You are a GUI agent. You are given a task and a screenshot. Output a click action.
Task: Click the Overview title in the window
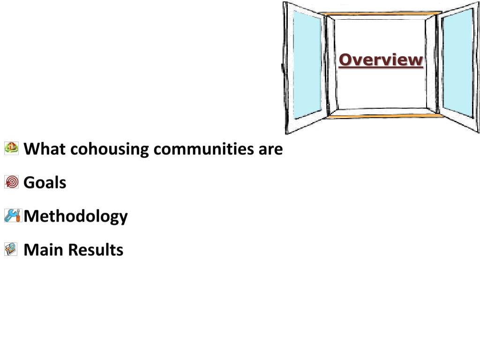(381, 60)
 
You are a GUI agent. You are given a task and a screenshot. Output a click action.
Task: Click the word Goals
(45, 182)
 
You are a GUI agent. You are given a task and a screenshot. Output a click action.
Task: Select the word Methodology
(76, 217)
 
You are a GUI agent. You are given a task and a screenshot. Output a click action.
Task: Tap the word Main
(44, 250)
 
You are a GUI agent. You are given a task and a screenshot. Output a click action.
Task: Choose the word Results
(96, 250)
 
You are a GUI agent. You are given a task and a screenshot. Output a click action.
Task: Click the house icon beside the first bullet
(11, 148)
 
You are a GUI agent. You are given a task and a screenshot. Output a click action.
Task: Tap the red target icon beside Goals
(11, 182)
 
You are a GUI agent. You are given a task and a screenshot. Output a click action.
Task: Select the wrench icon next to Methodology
(12, 215)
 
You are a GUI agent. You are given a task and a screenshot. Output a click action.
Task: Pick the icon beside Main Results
(11, 249)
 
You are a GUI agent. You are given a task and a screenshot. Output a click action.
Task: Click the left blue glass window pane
(307, 66)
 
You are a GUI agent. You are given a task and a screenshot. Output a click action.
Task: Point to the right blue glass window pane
(458, 63)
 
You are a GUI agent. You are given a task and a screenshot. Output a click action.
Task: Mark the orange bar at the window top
(381, 14)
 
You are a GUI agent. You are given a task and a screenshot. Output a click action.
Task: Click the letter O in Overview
(345, 60)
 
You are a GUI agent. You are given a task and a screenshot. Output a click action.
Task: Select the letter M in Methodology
(30, 216)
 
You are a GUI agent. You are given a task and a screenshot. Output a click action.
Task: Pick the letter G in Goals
(29, 182)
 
